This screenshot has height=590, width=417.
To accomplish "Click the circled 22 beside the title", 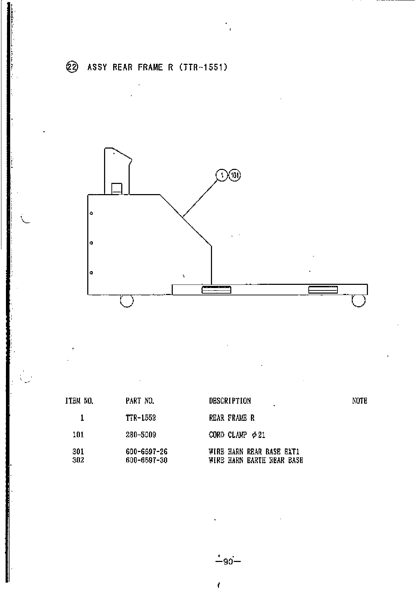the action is click(73, 67).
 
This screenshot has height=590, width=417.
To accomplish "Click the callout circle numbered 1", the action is click(222, 175).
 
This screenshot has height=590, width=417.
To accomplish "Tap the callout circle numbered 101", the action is click(234, 175).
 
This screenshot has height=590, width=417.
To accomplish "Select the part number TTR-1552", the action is click(141, 418).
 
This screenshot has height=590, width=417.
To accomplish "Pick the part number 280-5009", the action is click(141, 435).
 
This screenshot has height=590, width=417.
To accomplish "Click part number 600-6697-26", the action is click(146, 452).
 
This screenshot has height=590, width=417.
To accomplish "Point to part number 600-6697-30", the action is click(146, 460).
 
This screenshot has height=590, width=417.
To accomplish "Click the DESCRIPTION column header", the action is click(230, 401).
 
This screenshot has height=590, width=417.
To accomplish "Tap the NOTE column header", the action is click(360, 401).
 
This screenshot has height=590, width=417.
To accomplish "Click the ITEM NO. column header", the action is click(79, 401).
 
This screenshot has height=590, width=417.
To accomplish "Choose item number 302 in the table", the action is click(78, 460).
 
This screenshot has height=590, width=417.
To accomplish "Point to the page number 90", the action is click(228, 562).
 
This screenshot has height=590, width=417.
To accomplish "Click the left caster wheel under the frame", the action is click(127, 301).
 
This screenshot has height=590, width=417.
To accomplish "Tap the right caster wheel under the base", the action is click(358, 301).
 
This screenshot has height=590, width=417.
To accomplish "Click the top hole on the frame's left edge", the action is click(91, 213).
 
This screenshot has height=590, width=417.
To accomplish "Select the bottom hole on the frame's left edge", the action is click(91, 273).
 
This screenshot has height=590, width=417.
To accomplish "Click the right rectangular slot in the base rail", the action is click(323, 290).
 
